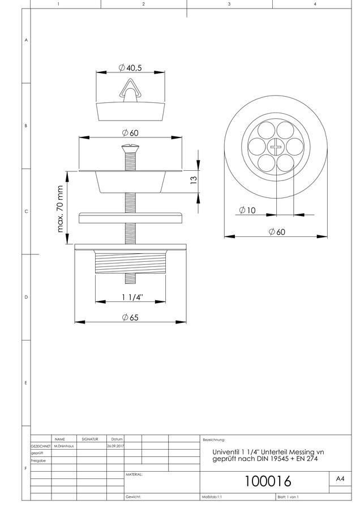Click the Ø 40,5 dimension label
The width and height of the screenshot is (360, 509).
click(x=130, y=68)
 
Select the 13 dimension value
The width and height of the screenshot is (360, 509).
click(x=194, y=179)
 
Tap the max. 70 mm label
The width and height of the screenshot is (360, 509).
click(x=60, y=209)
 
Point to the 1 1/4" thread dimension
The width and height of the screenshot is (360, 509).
click(x=132, y=297)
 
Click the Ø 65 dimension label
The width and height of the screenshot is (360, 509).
click(x=130, y=317)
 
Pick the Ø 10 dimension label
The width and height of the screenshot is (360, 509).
click(x=247, y=210)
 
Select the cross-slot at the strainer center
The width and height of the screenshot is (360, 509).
click(x=276, y=148)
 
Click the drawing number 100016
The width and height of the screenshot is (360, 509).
click(x=268, y=481)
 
